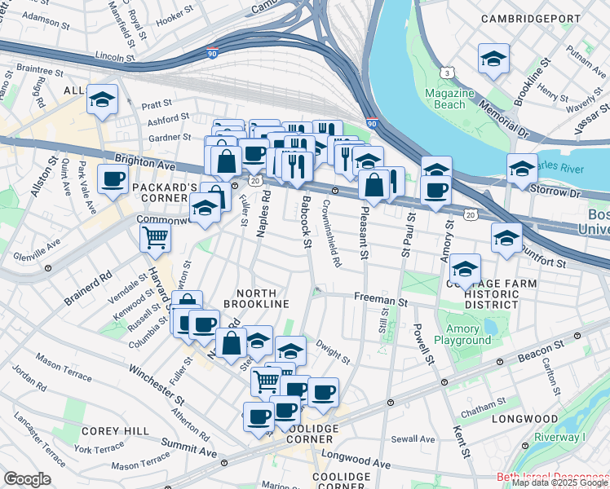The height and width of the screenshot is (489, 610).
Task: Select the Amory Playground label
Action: pyautogui.click(x=462, y=334)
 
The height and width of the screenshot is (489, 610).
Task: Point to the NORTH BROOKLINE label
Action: pyautogui.click(x=263, y=297)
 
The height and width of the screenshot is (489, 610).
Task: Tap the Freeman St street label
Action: pyautogui.click(x=381, y=301)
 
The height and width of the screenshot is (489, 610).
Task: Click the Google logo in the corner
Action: pyautogui.click(x=27, y=479)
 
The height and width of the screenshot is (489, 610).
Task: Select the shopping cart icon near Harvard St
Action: pyautogui.click(x=155, y=238)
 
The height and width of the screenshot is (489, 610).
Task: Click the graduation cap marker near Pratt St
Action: pyautogui.click(x=103, y=100)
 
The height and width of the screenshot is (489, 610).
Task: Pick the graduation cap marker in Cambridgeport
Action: pyautogui.click(x=493, y=59)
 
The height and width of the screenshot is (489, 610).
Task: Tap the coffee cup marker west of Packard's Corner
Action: pyautogui.click(x=113, y=178)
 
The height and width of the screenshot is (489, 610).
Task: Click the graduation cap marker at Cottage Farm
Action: pyautogui.click(x=465, y=268)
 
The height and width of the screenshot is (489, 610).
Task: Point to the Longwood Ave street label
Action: pyautogui.click(x=356, y=460)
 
